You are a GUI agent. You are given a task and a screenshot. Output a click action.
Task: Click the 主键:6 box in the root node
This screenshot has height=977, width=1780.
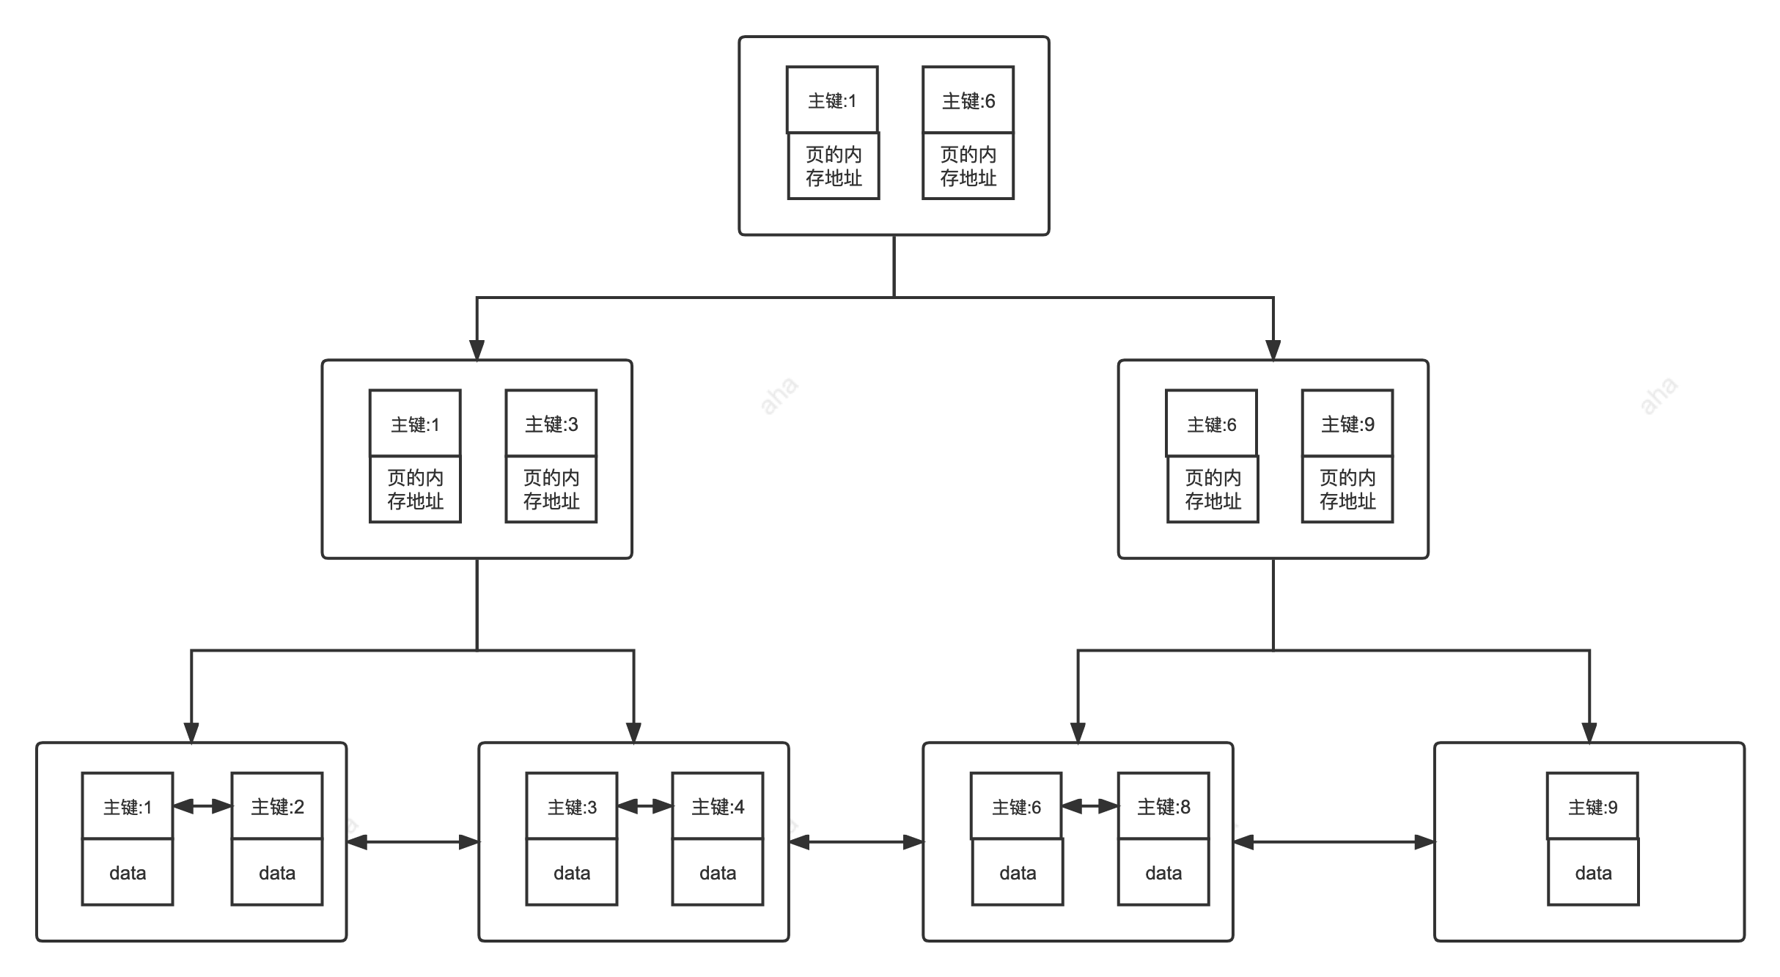coord(968,100)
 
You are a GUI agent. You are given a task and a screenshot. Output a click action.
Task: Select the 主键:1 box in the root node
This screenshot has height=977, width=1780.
coord(832,100)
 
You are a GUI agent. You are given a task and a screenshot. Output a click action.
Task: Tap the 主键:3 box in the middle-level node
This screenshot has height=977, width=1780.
coord(551,424)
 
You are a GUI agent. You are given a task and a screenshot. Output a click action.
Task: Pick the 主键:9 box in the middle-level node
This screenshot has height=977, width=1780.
coord(1347,424)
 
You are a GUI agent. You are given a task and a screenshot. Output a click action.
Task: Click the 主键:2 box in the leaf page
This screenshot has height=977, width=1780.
coord(277,806)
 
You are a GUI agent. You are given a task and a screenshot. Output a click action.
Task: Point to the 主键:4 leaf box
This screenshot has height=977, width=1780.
coord(718,806)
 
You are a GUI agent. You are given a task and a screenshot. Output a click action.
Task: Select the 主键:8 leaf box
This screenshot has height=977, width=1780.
coord(1163,806)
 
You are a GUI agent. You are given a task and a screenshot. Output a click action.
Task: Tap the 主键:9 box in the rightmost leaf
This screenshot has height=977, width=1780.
coord(1592,806)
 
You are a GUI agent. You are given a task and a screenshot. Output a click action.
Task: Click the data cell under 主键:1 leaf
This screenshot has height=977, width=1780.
coord(128,872)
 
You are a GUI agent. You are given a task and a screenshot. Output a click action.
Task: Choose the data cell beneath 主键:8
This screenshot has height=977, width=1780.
coord(1163,872)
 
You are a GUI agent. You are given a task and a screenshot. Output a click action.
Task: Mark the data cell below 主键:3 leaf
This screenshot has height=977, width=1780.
coord(572,872)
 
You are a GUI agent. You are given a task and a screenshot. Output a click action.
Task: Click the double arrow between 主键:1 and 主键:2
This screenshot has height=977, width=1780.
coord(202,806)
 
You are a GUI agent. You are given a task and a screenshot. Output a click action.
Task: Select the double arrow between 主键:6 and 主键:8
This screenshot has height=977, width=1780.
coord(1090,806)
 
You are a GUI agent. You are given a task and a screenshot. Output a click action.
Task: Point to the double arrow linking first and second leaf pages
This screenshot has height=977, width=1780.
coord(413,843)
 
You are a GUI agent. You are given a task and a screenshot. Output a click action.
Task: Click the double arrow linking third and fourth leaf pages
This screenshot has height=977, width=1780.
coord(1334,843)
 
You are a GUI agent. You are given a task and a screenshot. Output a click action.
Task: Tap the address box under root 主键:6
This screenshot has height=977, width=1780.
coord(968,166)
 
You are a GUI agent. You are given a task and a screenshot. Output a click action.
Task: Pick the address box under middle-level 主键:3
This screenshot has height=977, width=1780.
coord(551,490)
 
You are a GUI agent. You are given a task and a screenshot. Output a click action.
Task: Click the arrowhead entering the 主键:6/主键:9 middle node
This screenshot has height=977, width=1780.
coord(1273,350)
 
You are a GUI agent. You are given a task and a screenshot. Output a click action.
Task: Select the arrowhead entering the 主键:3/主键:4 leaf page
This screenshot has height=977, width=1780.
coord(634,732)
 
